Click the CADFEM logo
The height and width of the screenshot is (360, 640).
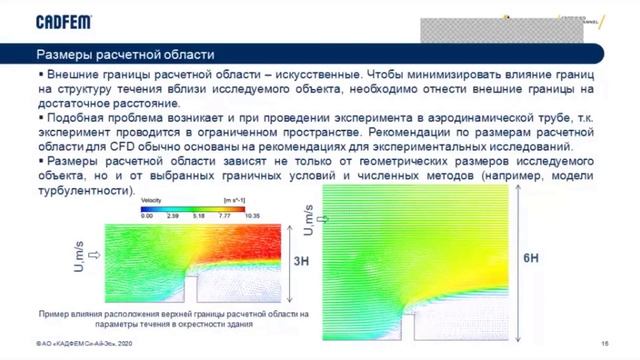[x=67, y=20]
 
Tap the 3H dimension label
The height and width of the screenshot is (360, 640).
[x=298, y=262]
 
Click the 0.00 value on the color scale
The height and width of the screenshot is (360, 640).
[x=147, y=215]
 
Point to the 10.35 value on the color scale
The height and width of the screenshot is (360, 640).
[x=251, y=215]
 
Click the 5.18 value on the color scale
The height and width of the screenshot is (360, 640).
[x=198, y=215]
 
